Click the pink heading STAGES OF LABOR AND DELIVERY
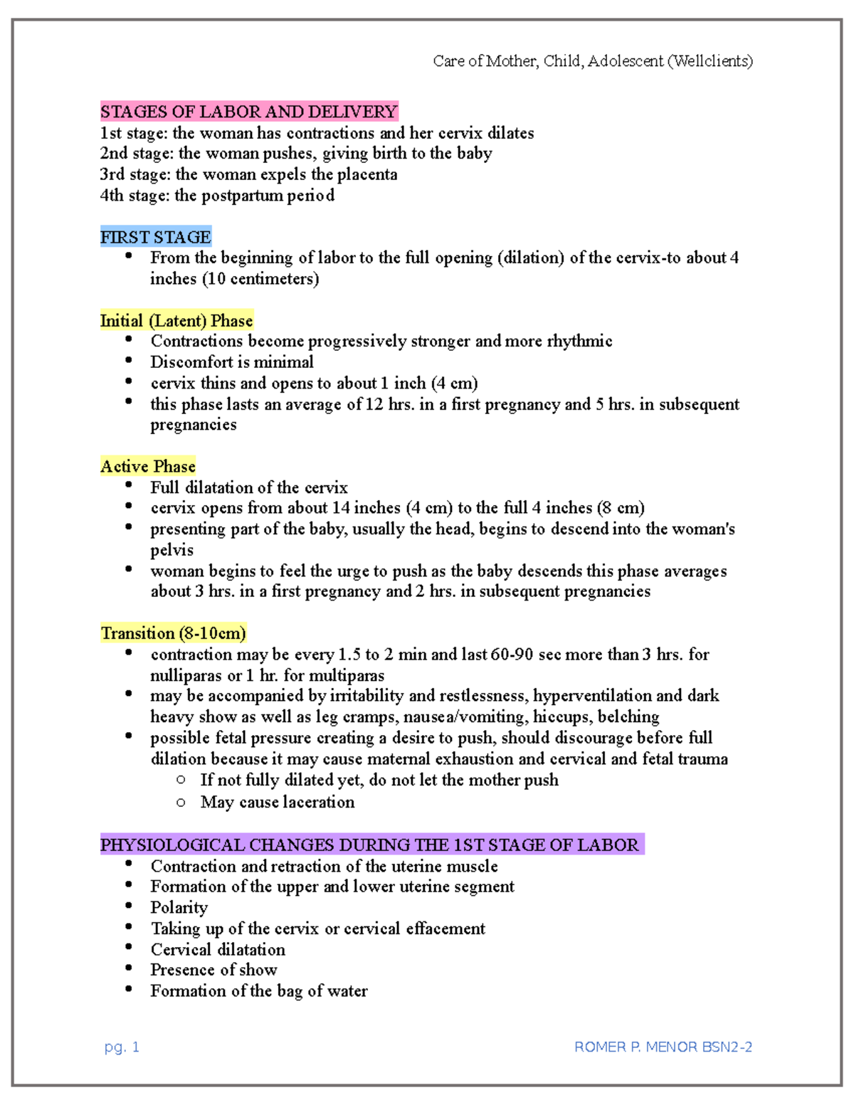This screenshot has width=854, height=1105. click(x=248, y=112)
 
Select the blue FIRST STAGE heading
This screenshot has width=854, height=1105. click(x=155, y=237)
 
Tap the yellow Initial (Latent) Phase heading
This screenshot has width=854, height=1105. click(x=176, y=321)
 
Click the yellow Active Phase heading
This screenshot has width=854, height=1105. click(x=148, y=467)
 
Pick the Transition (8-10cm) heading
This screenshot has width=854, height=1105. click(x=173, y=633)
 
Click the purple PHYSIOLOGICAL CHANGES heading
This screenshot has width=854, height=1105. click(x=370, y=845)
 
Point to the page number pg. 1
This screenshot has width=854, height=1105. click(x=122, y=1047)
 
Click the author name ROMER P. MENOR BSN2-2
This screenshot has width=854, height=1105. click(x=663, y=1047)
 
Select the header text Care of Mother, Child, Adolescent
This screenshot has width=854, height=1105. click(x=592, y=61)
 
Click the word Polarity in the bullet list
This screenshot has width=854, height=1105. click(x=179, y=908)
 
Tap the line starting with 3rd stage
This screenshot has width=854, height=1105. click(x=248, y=174)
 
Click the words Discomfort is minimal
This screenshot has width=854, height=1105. click(x=231, y=362)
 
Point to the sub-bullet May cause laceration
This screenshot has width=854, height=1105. click(x=277, y=803)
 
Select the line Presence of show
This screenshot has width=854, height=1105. click(x=213, y=970)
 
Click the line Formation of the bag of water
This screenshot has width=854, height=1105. click(x=258, y=991)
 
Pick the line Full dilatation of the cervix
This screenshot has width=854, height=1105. click(x=248, y=488)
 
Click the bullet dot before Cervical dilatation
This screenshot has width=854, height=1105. click(x=129, y=947)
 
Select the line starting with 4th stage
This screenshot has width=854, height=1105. click(x=217, y=196)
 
